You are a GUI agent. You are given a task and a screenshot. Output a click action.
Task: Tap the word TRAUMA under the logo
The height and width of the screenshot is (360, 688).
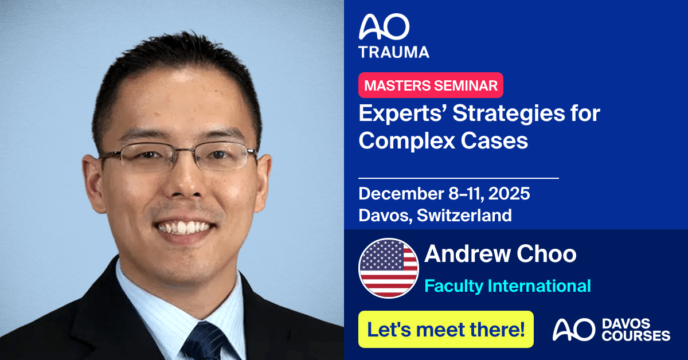pyautogui.click(x=394, y=52)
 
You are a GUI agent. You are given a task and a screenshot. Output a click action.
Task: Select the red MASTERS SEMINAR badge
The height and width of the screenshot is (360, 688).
pyautogui.click(x=431, y=85)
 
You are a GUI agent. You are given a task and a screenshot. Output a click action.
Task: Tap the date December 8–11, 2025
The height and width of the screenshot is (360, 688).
pyautogui.click(x=444, y=193)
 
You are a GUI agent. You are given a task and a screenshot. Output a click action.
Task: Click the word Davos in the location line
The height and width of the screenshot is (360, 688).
pyautogui.click(x=382, y=215)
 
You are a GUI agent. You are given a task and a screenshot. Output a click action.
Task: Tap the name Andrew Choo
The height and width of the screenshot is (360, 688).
pyautogui.click(x=500, y=255)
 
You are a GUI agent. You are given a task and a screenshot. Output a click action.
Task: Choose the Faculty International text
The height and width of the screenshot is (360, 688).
pyautogui.click(x=507, y=285)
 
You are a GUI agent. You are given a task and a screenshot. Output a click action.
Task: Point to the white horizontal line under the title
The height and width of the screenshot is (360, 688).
pyautogui.click(x=458, y=178)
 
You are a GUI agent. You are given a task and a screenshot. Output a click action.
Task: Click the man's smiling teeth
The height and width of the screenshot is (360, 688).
pyautogui.click(x=184, y=228)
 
